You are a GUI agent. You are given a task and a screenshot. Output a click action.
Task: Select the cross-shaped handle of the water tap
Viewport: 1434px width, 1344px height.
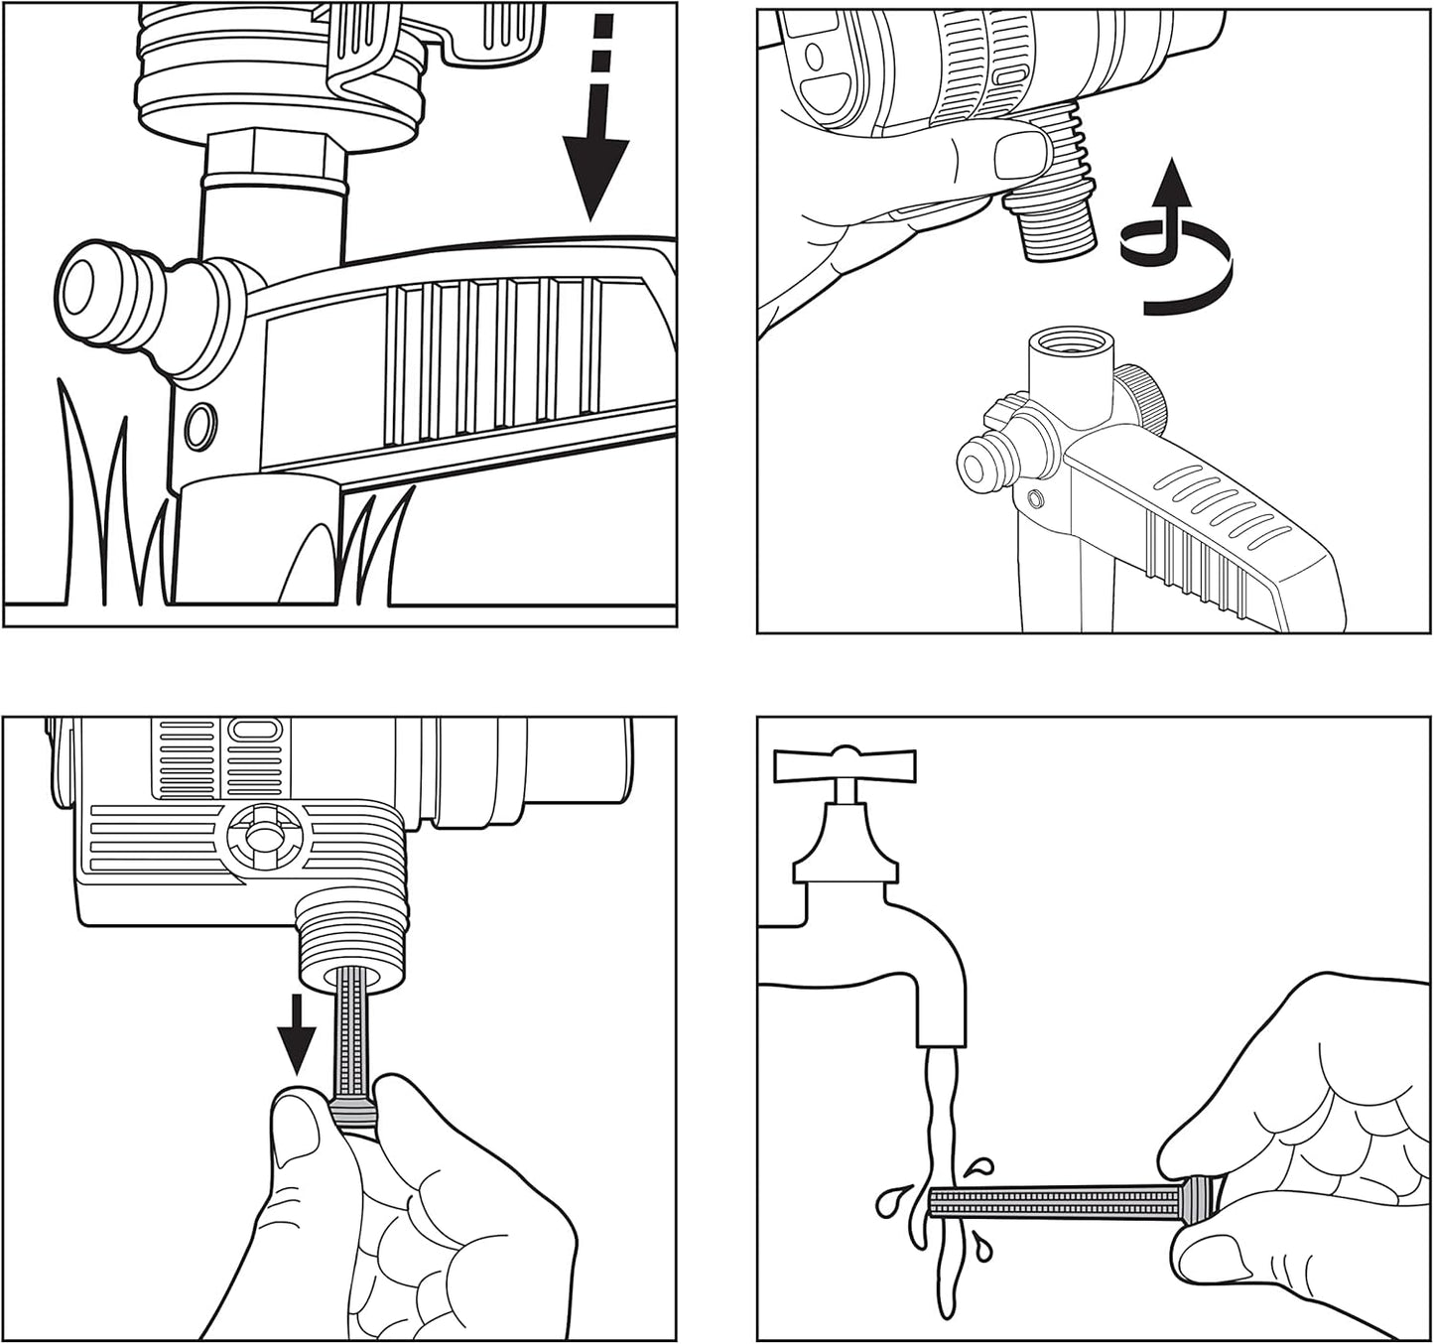point(845,764)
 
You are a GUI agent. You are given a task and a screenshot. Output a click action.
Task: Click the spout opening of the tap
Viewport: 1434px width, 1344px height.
point(940,1042)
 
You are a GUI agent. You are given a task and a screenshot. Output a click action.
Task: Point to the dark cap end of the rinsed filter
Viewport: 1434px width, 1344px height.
point(1201,1201)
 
